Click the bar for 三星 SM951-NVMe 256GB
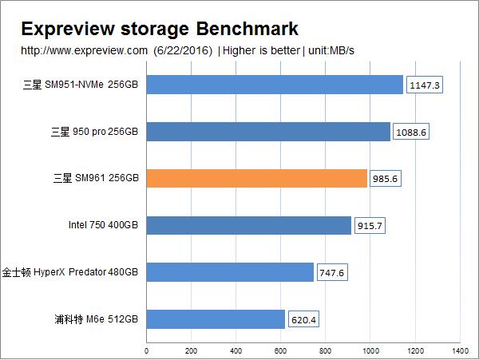pos(275,84)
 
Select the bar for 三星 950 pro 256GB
pos(268,131)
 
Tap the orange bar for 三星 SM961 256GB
pos(256,178)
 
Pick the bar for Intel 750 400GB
pos(248,225)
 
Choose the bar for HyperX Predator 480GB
pos(230,272)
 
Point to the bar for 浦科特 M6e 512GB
pos(216,319)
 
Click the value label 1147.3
pos(424,84)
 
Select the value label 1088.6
pos(411,131)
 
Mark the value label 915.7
pos(370,225)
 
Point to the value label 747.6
pos(332,272)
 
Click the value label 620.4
pos(304,319)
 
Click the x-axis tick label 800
pos(325,350)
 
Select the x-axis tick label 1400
pos(459,350)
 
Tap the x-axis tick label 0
pos(147,350)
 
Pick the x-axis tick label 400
pos(236,350)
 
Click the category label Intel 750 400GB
pos(104,226)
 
